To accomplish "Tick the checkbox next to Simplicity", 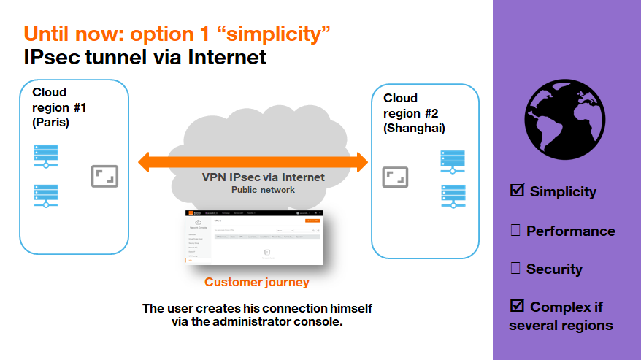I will pyautogui.click(x=517, y=191).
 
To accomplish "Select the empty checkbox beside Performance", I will pyautogui.click(x=515, y=231).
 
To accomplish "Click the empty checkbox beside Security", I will pyautogui.click(x=515, y=269).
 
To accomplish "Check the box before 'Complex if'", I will pyautogui.click(x=517, y=306).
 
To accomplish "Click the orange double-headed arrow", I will pyautogui.click(x=253, y=161).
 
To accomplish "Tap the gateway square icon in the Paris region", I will pyautogui.click(x=104, y=176).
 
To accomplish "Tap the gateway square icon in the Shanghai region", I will pyautogui.click(x=396, y=177).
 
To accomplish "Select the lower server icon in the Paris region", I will pyautogui.click(x=47, y=195).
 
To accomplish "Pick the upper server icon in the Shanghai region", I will pyautogui.click(x=453, y=161).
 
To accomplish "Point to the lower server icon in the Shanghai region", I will pyautogui.click(x=453, y=196).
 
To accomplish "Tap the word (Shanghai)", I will pyautogui.click(x=414, y=129).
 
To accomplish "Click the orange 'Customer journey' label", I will pyautogui.click(x=256, y=282).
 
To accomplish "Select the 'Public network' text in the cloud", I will pyautogui.click(x=263, y=190).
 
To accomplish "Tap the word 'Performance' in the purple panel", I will pyautogui.click(x=570, y=231).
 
